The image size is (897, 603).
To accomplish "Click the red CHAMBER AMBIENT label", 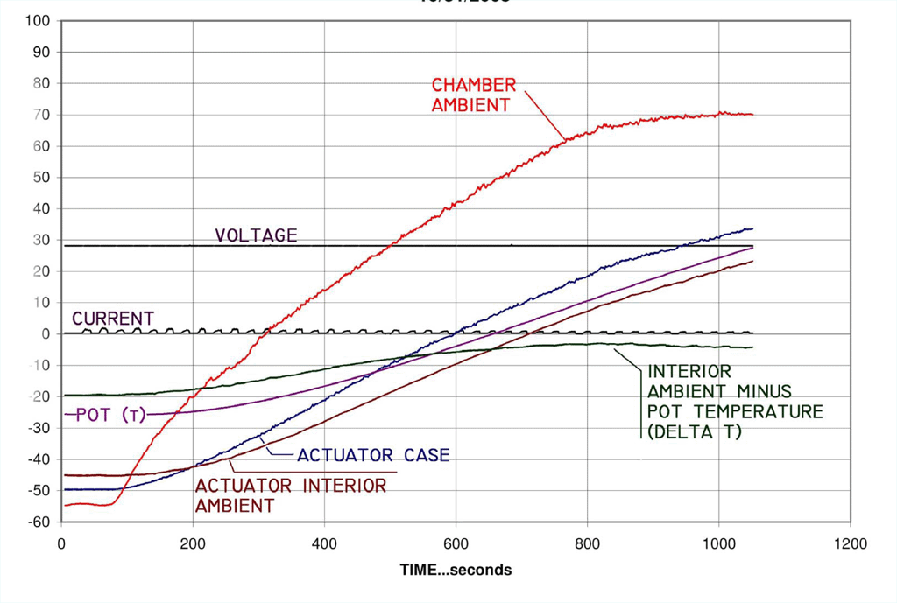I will click(473, 95).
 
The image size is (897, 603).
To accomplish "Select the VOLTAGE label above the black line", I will click(257, 235).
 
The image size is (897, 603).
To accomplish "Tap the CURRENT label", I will click(113, 318).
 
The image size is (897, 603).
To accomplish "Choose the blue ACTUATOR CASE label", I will click(373, 455).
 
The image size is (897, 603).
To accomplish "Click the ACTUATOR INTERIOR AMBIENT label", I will click(290, 495).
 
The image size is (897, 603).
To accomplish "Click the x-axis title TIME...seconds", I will click(456, 570).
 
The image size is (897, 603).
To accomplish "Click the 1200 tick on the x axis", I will click(850, 543).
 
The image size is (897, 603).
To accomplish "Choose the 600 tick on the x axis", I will click(456, 543).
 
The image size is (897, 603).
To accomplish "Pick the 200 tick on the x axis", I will click(193, 543).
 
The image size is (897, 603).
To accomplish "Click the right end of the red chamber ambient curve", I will click(752, 115).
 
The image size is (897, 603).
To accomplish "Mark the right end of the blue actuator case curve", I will click(752, 228).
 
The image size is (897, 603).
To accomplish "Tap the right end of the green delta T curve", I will click(752, 347).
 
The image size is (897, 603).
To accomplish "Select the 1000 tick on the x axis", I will click(718, 543).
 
